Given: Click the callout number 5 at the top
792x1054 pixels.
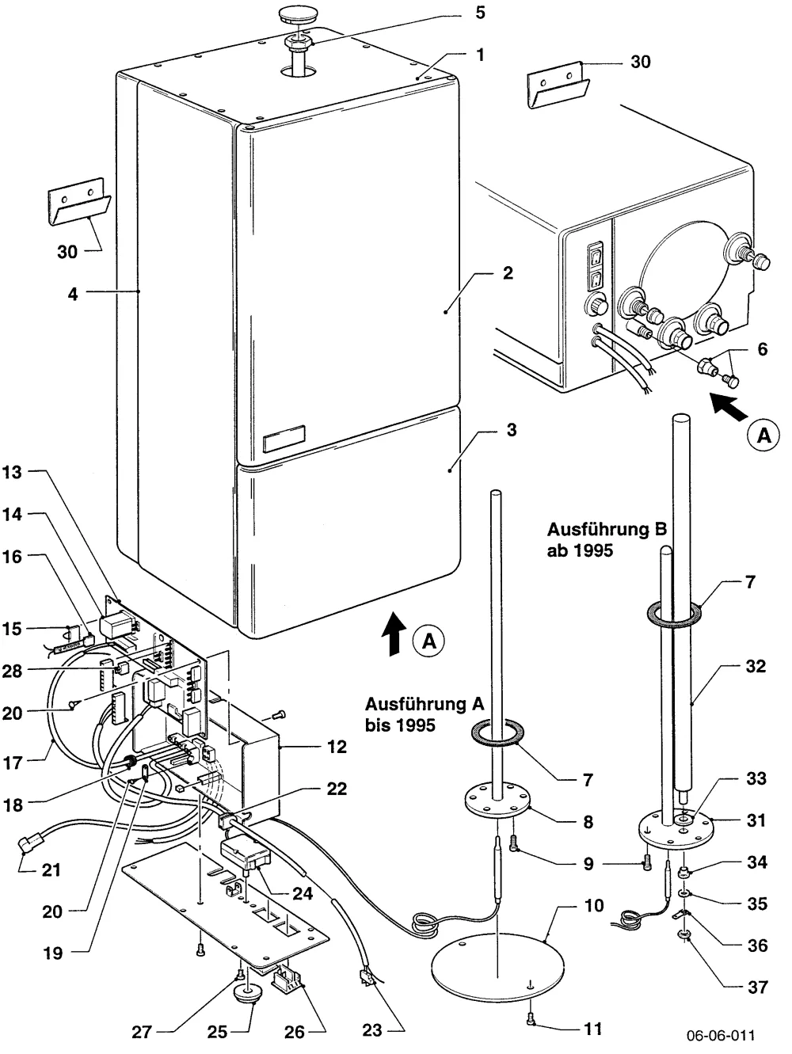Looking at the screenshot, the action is (x=480, y=13).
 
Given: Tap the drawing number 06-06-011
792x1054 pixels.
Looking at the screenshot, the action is (x=721, y=1035).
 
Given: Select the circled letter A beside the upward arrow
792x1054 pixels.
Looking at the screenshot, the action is (x=429, y=641).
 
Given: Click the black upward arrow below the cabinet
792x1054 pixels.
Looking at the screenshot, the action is (x=394, y=634).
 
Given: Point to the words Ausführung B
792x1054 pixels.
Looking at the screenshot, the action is (x=607, y=529).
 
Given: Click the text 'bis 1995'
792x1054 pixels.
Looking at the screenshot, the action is (x=400, y=725).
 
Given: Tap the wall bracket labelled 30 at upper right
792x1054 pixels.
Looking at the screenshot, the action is (x=558, y=86).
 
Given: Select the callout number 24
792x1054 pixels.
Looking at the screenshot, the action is (x=303, y=893).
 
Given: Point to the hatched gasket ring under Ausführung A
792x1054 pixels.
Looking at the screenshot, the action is (x=497, y=734).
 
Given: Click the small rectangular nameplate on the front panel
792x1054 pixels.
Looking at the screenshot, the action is (x=284, y=439).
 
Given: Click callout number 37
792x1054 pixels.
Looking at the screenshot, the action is (x=757, y=987).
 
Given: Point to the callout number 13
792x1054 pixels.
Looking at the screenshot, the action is (x=13, y=472).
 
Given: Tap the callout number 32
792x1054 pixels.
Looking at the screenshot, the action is (x=756, y=666).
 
